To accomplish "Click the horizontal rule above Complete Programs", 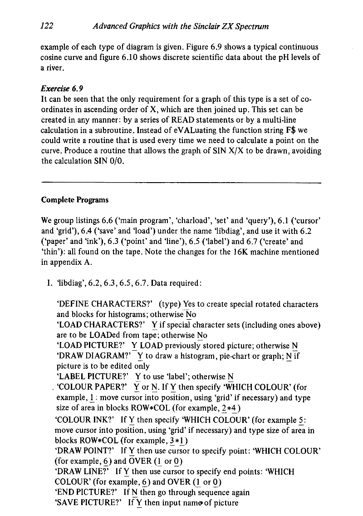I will coord(181,183).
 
